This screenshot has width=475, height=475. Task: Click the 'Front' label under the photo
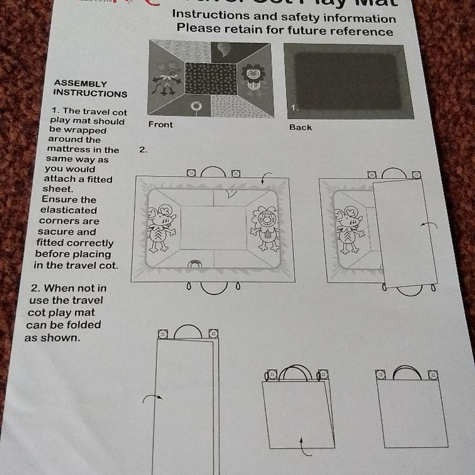[x=160, y=125]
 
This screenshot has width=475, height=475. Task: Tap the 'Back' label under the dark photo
[x=300, y=127]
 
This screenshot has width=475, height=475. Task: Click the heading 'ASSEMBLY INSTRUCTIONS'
[x=90, y=89]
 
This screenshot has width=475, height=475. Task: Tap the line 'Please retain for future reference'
[x=284, y=31]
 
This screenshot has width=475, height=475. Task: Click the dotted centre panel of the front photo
[x=211, y=79]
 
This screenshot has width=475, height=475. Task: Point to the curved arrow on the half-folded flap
[x=429, y=225]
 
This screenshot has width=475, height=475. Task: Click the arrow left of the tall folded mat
[x=152, y=398]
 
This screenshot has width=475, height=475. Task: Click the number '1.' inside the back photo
[x=293, y=108]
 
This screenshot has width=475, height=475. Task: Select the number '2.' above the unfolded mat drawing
[x=143, y=150]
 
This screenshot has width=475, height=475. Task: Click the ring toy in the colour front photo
[x=196, y=107]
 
